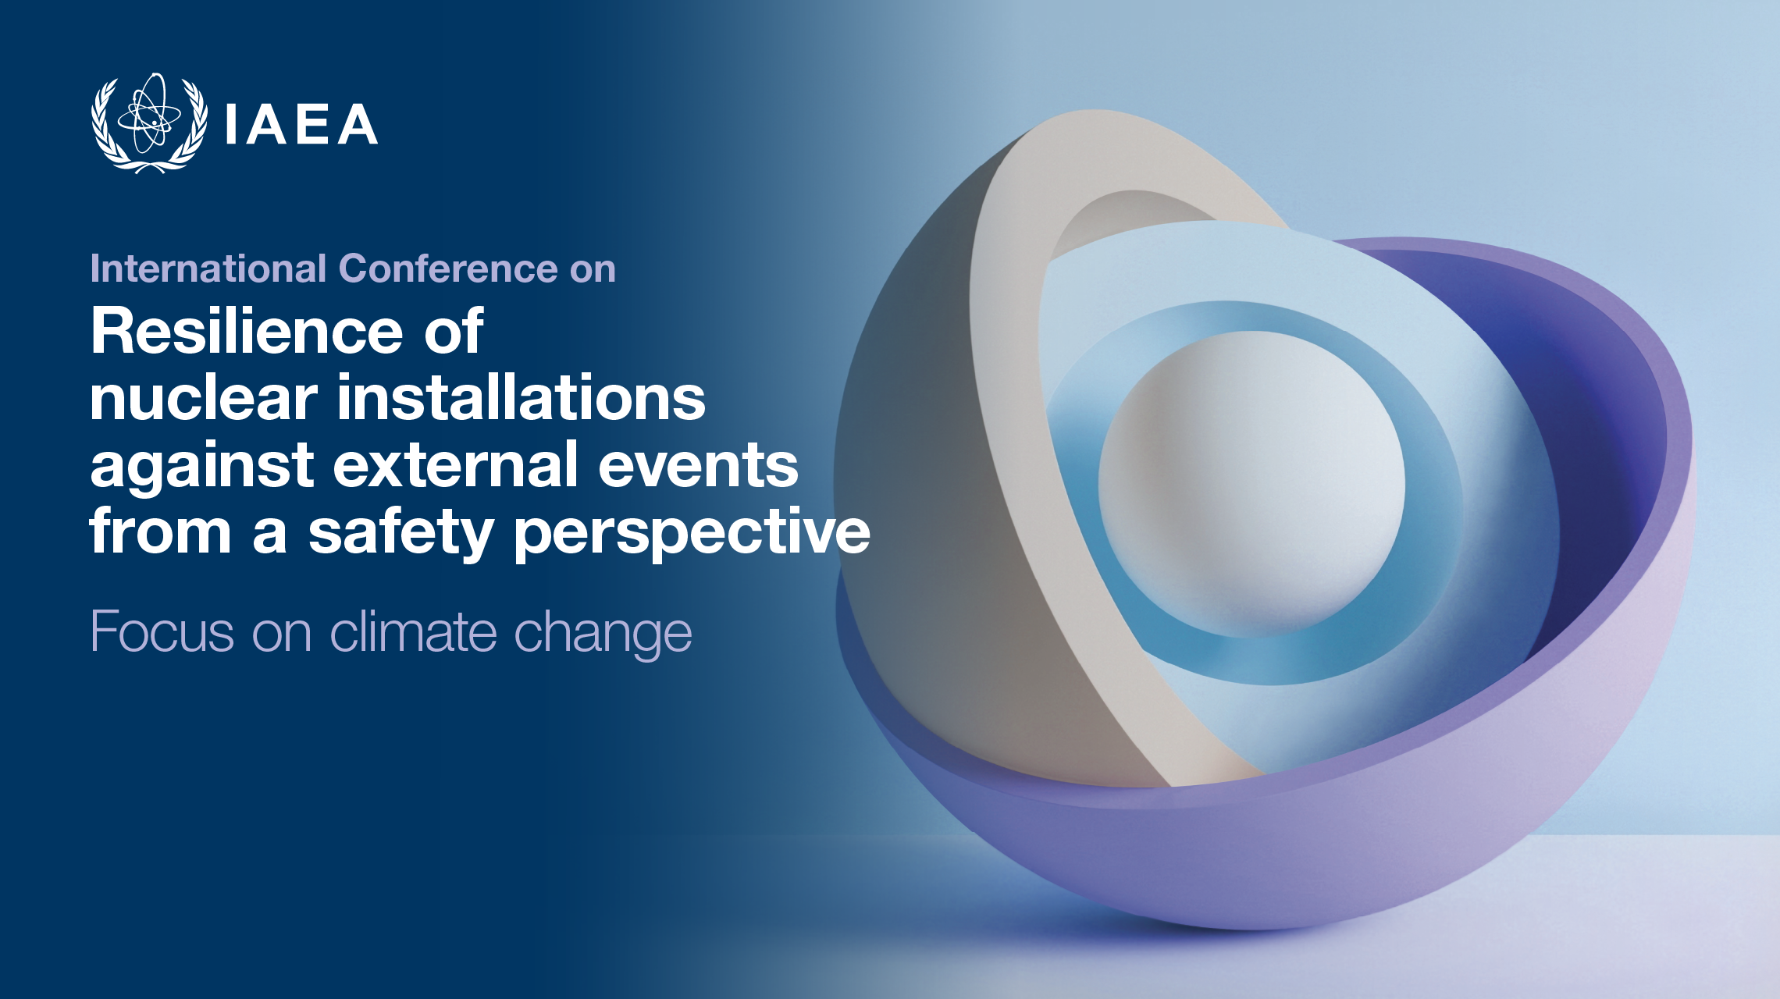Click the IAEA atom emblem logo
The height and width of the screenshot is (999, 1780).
[x=149, y=123]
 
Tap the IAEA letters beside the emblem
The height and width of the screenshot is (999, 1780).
[x=301, y=124]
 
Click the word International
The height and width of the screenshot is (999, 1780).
[x=208, y=268]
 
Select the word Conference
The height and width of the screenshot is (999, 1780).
[x=449, y=268]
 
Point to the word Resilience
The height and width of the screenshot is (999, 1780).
[x=247, y=331]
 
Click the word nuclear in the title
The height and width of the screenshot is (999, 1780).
[x=204, y=398]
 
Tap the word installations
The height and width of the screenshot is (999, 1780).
[x=521, y=398]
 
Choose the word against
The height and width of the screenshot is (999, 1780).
[x=202, y=466]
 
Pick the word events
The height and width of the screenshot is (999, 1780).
[x=698, y=466]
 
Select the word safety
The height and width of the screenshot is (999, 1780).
[x=400, y=533]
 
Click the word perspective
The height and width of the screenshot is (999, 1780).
[x=692, y=533]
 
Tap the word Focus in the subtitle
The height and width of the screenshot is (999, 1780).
[x=162, y=631]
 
